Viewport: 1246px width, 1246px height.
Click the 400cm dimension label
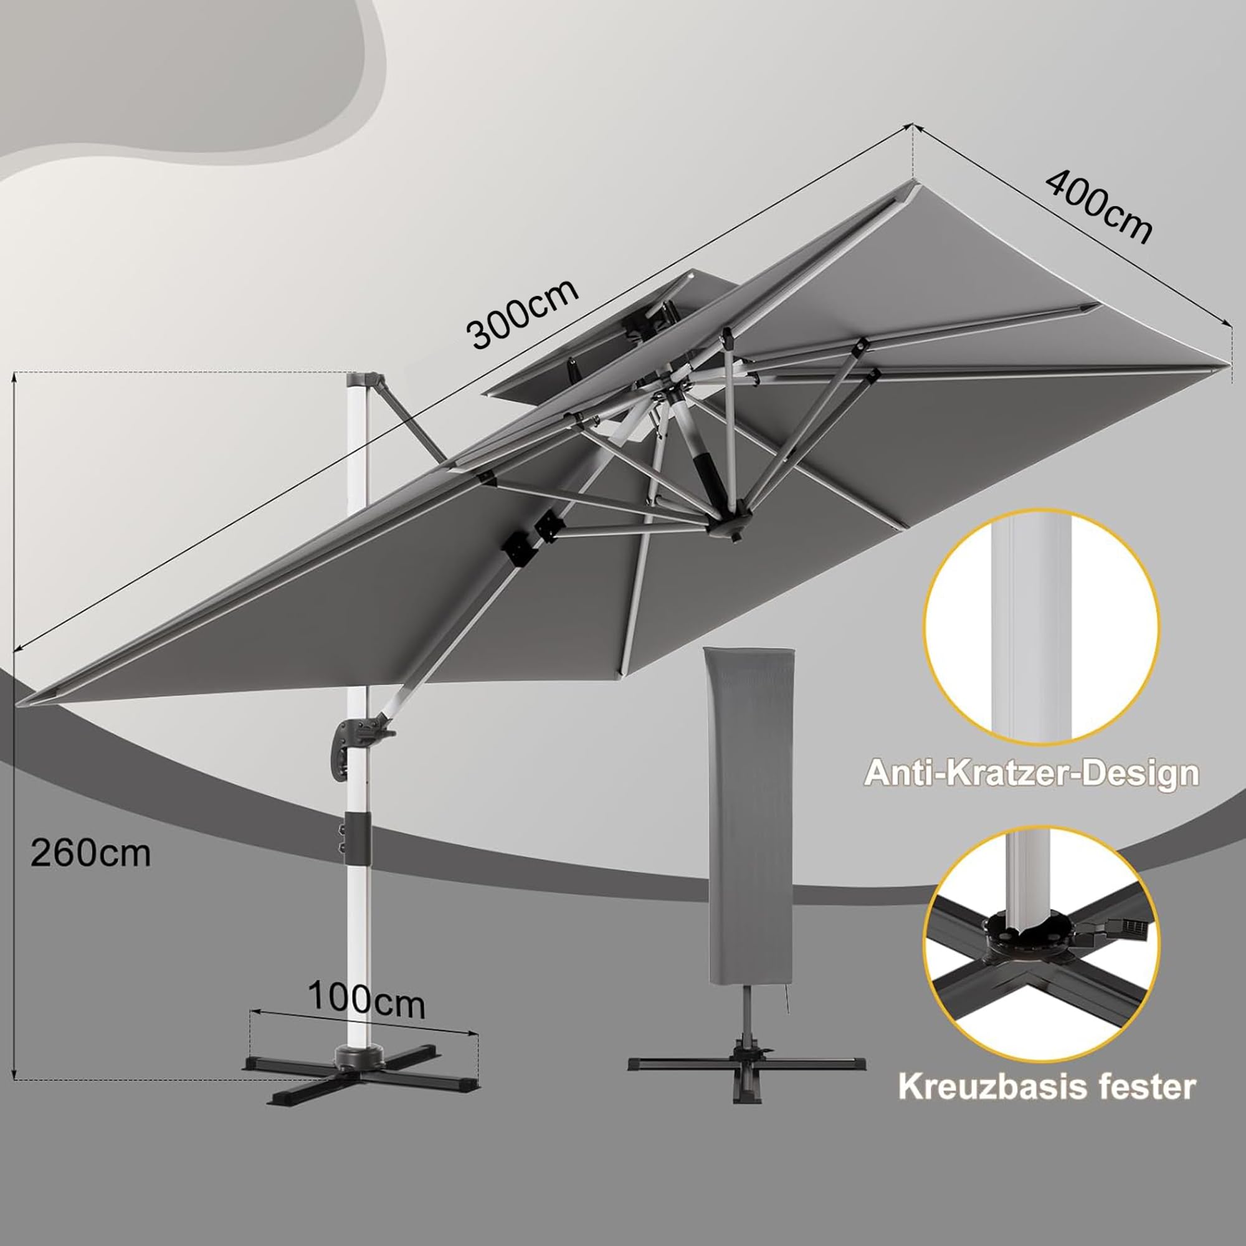[1098, 207]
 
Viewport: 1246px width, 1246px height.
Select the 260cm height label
[91, 854]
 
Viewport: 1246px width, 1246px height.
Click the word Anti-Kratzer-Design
[1031, 773]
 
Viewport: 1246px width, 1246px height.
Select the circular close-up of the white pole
[1042, 627]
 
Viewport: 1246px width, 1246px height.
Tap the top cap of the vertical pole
[363, 380]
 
